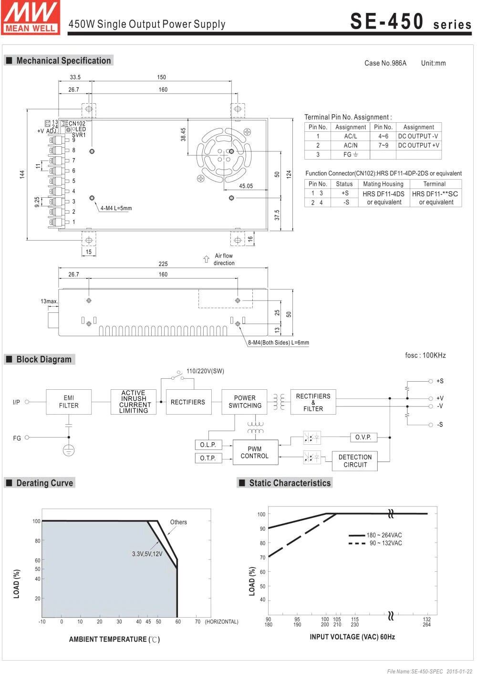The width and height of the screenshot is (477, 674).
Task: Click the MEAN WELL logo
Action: (x=31, y=17)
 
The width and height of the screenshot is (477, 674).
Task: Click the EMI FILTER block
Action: (x=69, y=402)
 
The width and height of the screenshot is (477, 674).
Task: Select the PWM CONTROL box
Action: (x=255, y=452)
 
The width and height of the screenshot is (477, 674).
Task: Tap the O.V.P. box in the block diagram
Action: (x=363, y=437)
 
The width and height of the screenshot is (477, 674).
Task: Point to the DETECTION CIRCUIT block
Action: (x=355, y=461)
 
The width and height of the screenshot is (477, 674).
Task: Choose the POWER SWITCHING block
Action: (x=245, y=402)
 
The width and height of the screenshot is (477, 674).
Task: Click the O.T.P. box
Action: (x=208, y=458)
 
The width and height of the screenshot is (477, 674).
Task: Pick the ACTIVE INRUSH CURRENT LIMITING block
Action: (x=134, y=402)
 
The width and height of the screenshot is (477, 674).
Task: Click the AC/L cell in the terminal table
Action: (x=351, y=136)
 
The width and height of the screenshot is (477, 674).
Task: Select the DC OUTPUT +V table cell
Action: (x=418, y=145)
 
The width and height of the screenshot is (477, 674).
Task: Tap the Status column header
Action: (x=344, y=184)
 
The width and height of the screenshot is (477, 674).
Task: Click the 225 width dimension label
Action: (x=163, y=264)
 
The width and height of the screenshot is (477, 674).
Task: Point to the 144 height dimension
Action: (x=22, y=174)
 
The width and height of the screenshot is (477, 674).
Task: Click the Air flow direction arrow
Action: (x=206, y=259)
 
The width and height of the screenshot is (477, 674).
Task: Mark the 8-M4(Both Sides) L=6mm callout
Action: (x=278, y=342)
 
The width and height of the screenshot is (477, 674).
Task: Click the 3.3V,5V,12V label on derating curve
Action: (x=147, y=554)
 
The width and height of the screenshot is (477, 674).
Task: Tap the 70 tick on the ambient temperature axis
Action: (x=197, y=622)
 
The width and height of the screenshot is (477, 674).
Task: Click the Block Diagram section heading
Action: (x=43, y=360)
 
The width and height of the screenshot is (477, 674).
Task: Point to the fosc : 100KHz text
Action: (x=425, y=355)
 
